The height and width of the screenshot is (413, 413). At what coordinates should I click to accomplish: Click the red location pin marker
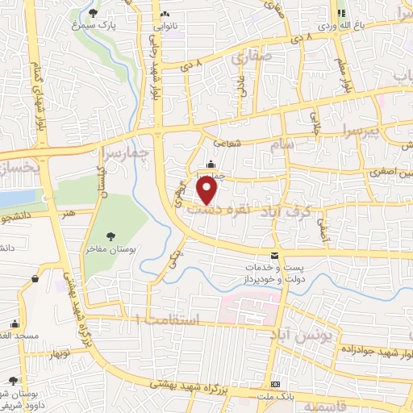[x=208, y=190]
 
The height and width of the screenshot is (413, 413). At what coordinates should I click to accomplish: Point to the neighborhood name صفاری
[x=247, y=57]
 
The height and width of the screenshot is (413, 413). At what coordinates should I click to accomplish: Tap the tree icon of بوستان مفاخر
[x=110, y=235]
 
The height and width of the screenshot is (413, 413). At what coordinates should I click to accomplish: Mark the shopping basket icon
[x=35, y=279]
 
